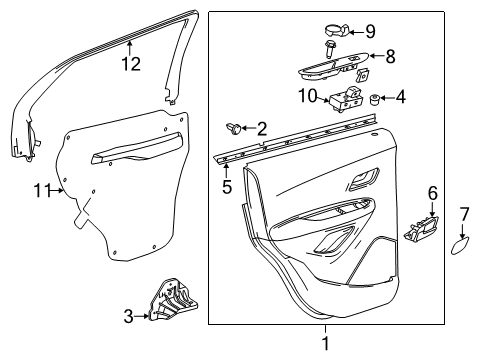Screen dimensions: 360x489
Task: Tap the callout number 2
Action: (x=262, y=127)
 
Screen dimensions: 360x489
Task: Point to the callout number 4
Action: (x=401, y=98)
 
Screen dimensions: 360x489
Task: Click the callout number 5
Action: (x=227, y=185)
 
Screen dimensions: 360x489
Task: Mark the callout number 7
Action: (x=464, y=213)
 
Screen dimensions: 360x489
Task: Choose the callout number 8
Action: (x=390, y=57)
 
